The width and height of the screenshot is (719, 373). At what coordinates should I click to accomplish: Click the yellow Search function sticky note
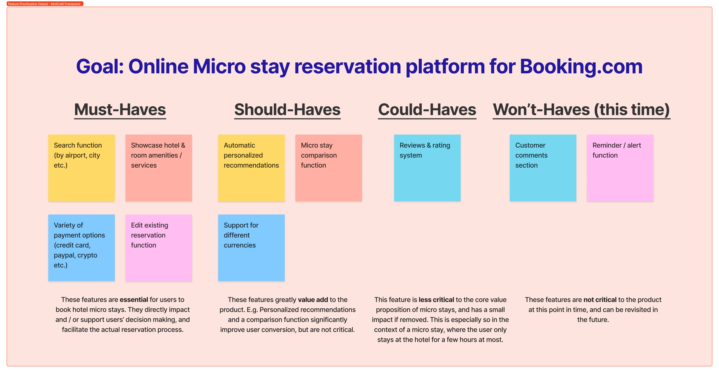point(81,168)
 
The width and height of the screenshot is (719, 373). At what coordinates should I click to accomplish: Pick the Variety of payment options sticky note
point(81,248)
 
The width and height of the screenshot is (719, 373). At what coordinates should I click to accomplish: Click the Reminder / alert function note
point(620,168)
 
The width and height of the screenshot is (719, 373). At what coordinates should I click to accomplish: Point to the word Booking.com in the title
point(581,67)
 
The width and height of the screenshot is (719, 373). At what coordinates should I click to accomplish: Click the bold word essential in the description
point(134,300)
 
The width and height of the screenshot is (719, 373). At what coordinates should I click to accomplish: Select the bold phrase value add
point(313,300)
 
